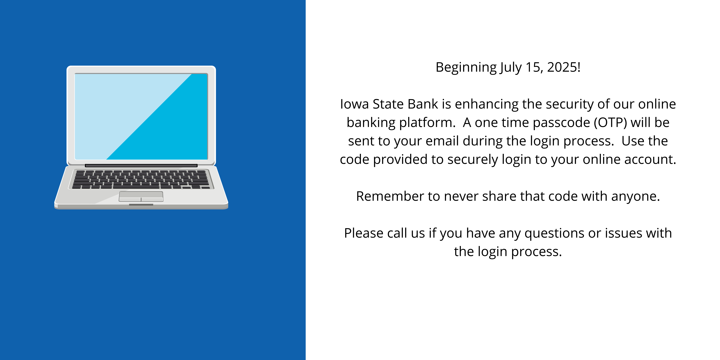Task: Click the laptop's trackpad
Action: click(x=141, y=196)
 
